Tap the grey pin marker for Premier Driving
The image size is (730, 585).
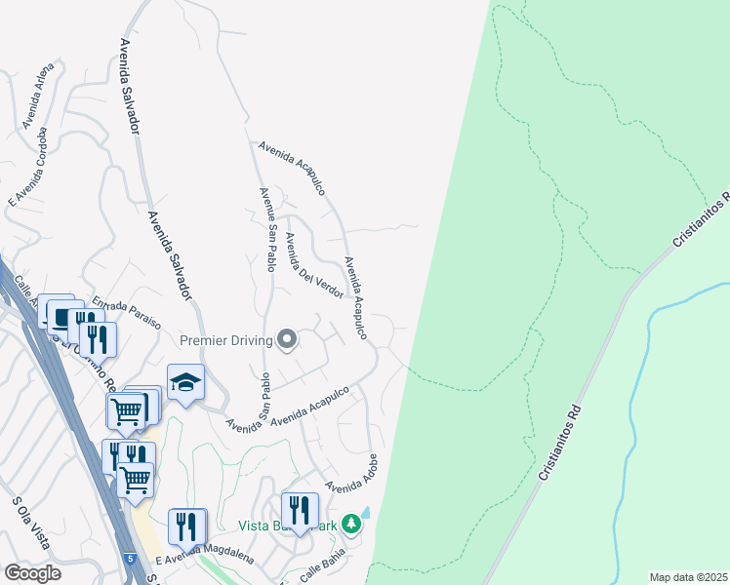(x=287, y=339)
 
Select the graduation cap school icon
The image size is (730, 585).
(x=185, y=383)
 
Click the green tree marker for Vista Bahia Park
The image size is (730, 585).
(x=350, y=524)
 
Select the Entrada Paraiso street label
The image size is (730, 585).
(x=126, y=314)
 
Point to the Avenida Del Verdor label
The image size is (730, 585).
(x=313, y=267)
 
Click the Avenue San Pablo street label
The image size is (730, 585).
(x=264, y=230)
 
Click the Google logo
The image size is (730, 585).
(x=32, y=572)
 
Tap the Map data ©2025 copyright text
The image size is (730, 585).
(x=688, y=576)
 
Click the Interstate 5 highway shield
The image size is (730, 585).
(x=130, y=558)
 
